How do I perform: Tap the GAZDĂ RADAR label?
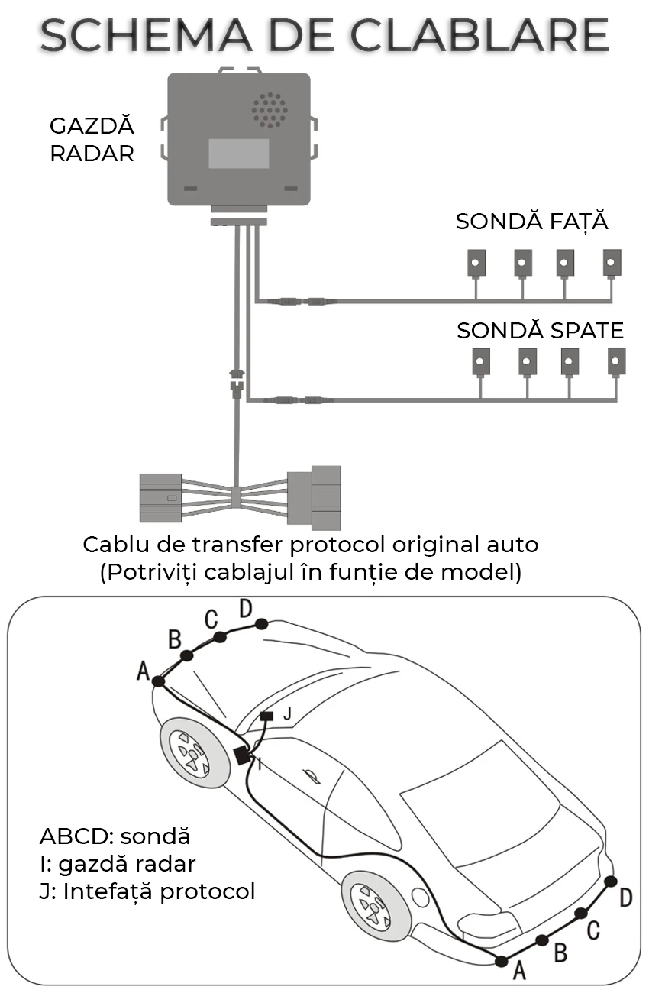pos(92,139)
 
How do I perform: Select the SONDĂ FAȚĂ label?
pos(531,222)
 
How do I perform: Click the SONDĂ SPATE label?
pos(540,331)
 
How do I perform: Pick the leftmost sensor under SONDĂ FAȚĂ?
pos(476,263)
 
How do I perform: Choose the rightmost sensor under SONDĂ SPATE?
pos(616,361)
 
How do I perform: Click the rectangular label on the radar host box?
pos(239,153)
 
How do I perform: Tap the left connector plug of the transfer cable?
pos(160,497)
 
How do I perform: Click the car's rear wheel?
pos(374,908)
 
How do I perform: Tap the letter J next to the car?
pos(287,713)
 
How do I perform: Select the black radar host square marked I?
pos(244,755)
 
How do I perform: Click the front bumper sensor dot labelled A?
pos(159,681)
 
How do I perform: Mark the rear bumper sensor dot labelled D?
pos(610,881)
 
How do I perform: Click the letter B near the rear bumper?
pos(560,953)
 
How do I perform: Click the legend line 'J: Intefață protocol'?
pos(147,891)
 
